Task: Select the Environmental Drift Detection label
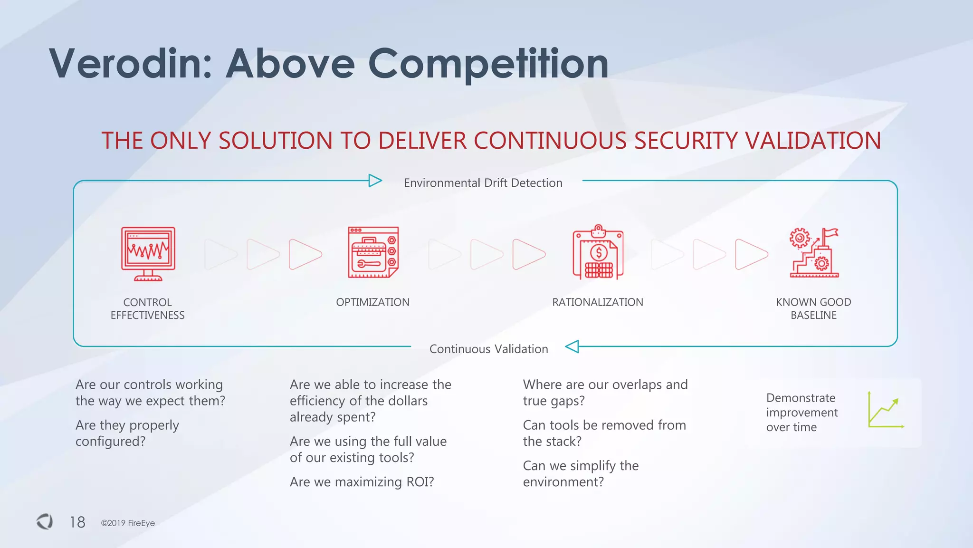click(x=483, y=183)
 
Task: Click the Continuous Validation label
click(x=488, y=349)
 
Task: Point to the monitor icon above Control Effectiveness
click(x=148, y=254)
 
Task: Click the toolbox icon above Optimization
click(x=373, y=252)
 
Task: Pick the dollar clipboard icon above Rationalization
click(x=598, y=252)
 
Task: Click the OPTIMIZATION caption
click(x=372, y=302)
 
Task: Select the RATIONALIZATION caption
click(x=597, y=302)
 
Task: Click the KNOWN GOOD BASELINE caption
click(x=813, y=308)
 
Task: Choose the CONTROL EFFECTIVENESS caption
click(x=148, y=308)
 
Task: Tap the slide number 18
click(x=77, y=522)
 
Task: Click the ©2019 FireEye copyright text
click(x=128, y=523)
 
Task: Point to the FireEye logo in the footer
click(x=45, y=521)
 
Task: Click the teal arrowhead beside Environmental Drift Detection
click(x=375, y=181)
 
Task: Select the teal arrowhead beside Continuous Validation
click(x=572, y=346)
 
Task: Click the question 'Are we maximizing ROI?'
click(x=362, y=482)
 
